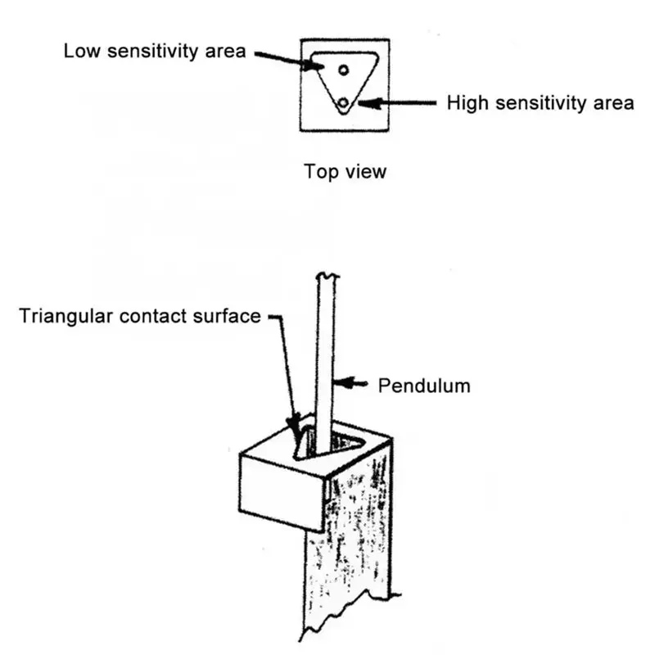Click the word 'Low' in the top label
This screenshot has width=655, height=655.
pyautogui.click(x=81, y=51)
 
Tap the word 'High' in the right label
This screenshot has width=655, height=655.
pyautogui.click(x=464, y=104)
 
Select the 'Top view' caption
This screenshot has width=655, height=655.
pyautogui.click(x=345, y=172)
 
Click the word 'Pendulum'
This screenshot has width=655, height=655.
pyautogui.click(x=424, y=385)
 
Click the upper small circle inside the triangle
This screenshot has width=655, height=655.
pyautogui.click(x=344, y=70)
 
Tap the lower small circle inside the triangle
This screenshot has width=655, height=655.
pyautogui.click(x=344, y=102)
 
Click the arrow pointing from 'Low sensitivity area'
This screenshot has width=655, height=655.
pyautogui.click(x=282, y=58)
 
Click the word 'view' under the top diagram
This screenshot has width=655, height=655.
pyautogui.click(x=365, y=172)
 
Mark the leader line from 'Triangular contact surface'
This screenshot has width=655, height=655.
pyautogui.click(x=286, y=368)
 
